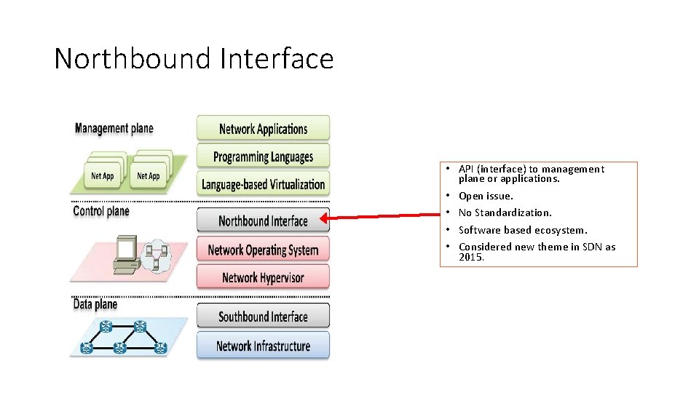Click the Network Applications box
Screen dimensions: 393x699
click(263, 129)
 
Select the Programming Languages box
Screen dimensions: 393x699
click(263, 156)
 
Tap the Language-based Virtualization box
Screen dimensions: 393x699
click(263, 184)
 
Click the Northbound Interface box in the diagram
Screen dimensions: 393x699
click(263, 221)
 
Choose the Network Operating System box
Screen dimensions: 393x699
click(263, 250)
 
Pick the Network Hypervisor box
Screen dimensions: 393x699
click(263, 277)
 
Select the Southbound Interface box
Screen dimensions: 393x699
click(263, 317)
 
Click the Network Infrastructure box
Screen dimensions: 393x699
click(263, 346)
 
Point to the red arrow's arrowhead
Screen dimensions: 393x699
click(325, 216)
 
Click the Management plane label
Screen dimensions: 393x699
click(114, 129)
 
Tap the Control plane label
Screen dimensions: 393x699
click(101, 211)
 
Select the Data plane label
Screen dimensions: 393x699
click(95, 304)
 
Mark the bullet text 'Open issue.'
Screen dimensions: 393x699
click(486, 196)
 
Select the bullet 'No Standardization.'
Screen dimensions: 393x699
click(505, 213)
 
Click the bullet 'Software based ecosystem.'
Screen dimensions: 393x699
click(522, 230)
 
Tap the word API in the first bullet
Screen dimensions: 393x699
click(466, 169)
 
